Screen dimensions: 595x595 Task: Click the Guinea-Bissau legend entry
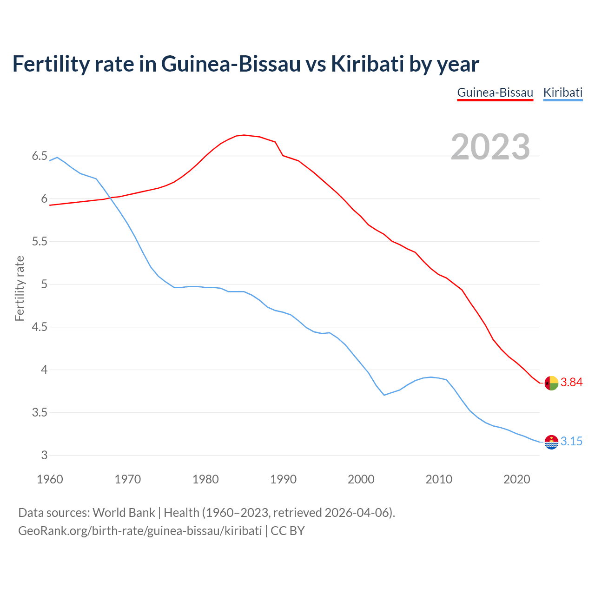(495, 93)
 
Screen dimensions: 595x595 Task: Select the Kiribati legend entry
(562, 93)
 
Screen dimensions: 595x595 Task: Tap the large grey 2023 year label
(490, 147)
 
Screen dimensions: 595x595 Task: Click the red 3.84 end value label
(571, 383)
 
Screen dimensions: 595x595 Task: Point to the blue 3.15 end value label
(571, 442)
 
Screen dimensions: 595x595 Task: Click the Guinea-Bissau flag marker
(551, 383)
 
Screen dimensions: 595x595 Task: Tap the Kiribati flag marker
(551, 442)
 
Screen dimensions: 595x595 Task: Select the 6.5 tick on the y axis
(40, 156)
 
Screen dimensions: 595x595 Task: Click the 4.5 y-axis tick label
(40, 327)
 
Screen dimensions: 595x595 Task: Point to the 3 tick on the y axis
(45, 456)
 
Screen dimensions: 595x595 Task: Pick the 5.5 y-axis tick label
(40, 242)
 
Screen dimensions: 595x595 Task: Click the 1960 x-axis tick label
(50, 479)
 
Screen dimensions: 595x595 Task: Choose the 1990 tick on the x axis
(283, 479)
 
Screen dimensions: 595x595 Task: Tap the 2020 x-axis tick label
(516, 479)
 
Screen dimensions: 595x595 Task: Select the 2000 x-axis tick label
(361, 479)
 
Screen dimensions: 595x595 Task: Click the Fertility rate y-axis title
(20, 288)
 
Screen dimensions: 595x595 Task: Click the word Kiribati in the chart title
(367, 64)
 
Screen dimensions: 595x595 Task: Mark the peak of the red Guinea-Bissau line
(244, 135)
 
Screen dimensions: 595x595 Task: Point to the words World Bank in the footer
(124, 513)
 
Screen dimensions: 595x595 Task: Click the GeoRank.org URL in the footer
(139, 531)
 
